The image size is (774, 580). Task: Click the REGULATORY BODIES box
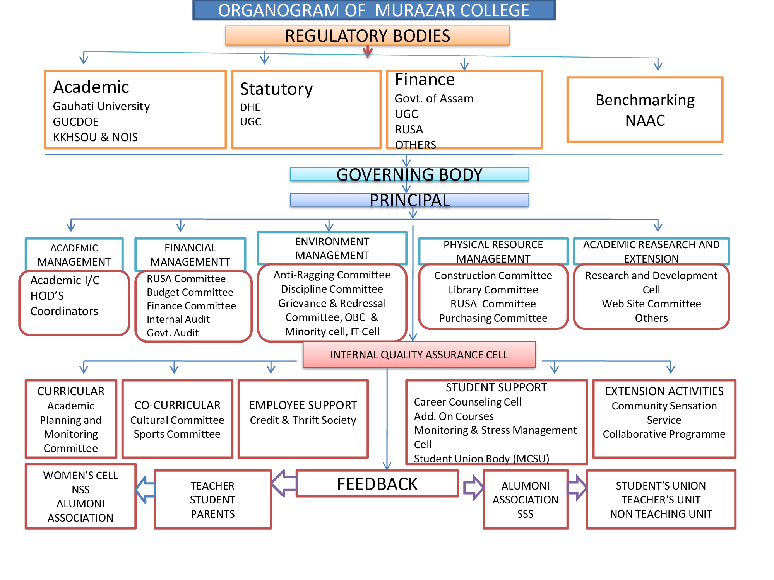(367, 36)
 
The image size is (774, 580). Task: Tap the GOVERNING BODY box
(409, 174)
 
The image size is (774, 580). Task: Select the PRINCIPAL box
(409, 200)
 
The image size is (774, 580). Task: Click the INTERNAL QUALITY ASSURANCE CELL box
(419, 355)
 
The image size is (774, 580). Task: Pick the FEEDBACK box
(377, 484)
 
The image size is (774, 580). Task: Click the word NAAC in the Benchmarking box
(645, 121)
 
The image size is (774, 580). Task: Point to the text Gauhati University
(101, 106)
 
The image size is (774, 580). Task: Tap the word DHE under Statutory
(250, 107)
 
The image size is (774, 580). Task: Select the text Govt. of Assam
(434, 99)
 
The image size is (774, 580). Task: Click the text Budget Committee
(190, 292)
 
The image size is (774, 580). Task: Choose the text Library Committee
(493, 290)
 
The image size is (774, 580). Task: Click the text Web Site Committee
(651, 304)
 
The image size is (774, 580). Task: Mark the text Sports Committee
(177, 434)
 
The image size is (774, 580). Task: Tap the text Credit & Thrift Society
(303, 420)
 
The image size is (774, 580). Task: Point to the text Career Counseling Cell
(467, 402)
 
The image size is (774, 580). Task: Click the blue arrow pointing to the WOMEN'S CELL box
(146, 490)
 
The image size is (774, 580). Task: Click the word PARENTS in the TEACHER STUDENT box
(212, 514)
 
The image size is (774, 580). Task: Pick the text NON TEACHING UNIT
(661, 514)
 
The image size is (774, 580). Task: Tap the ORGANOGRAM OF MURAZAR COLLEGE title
(373, 10)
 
